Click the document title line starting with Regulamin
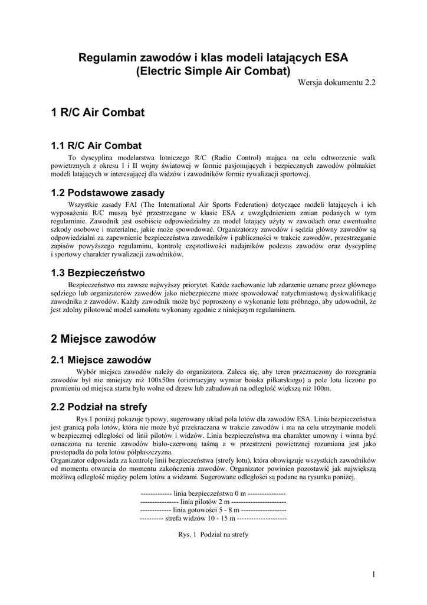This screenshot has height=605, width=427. pyautogui.click(x=213, y=58)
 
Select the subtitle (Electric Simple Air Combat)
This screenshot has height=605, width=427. pyautogui.click(x=213, y=71)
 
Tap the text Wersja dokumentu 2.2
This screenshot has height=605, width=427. pyautogui.click(x=337, y=83)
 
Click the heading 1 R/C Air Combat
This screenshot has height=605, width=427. pyautogui.click(x=98, y=112)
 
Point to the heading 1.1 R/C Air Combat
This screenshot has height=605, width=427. pyautogui.click(x=96, y=145)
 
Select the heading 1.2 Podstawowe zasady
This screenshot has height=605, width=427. pyautogui.click(x=108, y=193)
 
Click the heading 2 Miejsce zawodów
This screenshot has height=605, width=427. pyautogui.click(x=104, y=339)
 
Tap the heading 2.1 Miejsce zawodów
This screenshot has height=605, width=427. pyautogui.click(x=101, y=360)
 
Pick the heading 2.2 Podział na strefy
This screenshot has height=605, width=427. pyautogui.click(x=99, y=406)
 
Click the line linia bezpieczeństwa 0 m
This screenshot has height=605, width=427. pyautogui.click(x=213, y=493)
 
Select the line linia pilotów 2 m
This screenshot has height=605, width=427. pyautogui.click(x=213, y=501)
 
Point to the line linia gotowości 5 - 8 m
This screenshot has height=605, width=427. pyautogui.click(x=213, y=509)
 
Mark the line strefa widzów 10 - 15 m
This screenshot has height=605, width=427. pyautogui.click(x=213, y=518)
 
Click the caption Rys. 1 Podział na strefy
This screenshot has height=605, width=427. pyautogui.click(x=213, y=535)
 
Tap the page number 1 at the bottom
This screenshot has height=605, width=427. pyautogui.click(x=374, y=574)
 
